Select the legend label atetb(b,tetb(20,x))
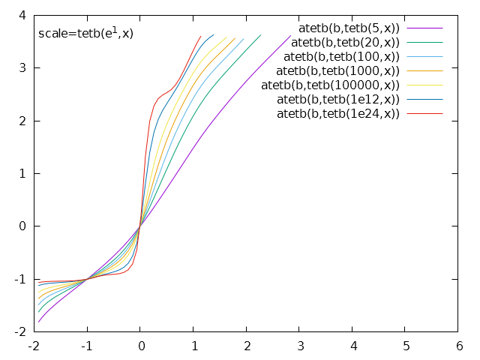pyautogui.click(x=345, y=42)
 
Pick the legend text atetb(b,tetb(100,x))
pyautogui.click(x=342, y=56)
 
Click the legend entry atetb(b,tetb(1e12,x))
pyautogui.click(x=338, y=99)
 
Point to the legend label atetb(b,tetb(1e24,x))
pyautogui.click(x=338, y=113)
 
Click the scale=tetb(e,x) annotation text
pyautogui.click(x=85, y=33)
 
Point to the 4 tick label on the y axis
pyautogui.click(x=22, y=15)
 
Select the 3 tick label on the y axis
pyautogui.click(x=22, y=67)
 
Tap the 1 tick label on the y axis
pyautogui.click(x=22, y=173)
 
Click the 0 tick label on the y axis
pyautogui.click(x=22, y=226)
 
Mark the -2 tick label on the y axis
pyautogui.click(x=20, y=331)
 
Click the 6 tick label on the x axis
pyautogui.click(x=459, y=346)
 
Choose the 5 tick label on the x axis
pyautogui.click(x=406, y=346)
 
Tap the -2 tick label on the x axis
pyautogui.click(x=33, y=346)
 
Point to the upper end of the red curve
pyautogui.click(x=200, y=35)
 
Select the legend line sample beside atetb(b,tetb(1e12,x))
pyautogui.click(x=424, y=99)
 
